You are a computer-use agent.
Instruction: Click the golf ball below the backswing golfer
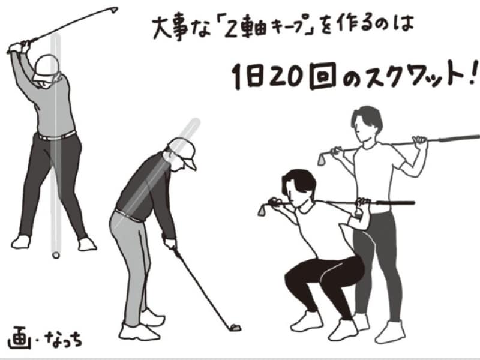tap(56, 254)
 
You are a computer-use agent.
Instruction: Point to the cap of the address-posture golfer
tap(183, 150)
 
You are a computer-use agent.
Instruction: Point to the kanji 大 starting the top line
tap(160, 27)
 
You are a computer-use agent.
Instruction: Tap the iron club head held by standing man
tap(322, 159)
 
